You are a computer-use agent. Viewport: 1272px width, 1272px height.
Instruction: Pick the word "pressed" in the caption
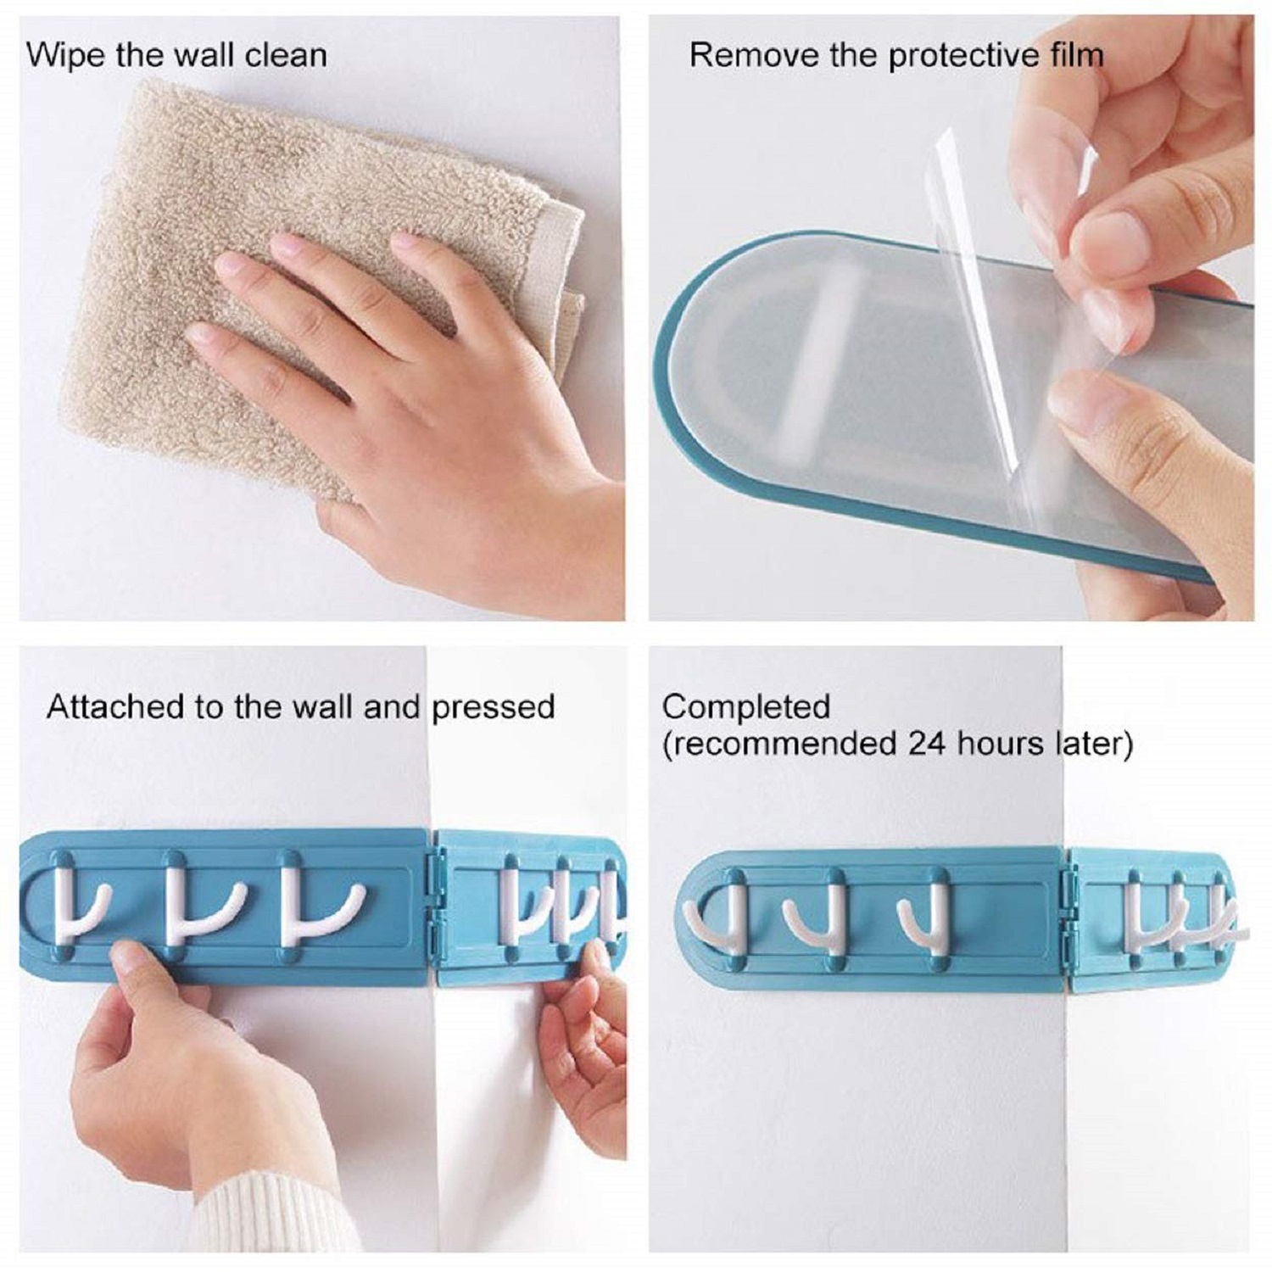click(493, 706)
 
